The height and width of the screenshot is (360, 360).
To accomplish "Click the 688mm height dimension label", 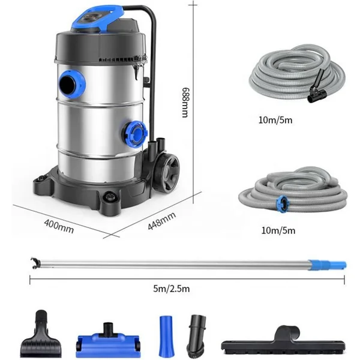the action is click(x=185, y=102).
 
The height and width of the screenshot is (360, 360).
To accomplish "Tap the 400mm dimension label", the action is click(x=59, y=226).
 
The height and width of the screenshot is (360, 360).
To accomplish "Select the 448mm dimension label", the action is click(x=161, y=221).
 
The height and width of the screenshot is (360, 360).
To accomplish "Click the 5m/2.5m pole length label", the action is click(x=172, y=289).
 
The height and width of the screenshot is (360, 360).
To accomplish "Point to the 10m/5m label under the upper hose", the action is click(x=275, y=120).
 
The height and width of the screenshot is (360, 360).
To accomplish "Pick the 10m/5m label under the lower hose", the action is click(x=278, y=230).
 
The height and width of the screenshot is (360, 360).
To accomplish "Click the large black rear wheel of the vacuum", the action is click(x=167, y=171).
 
